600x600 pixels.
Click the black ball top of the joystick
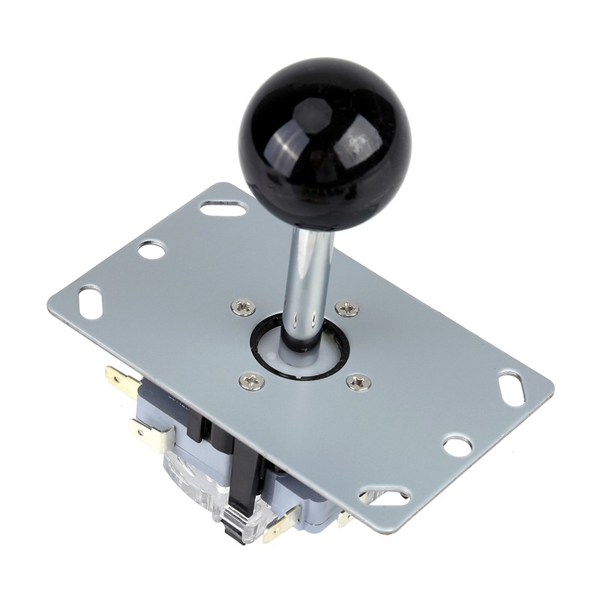click(325, 142)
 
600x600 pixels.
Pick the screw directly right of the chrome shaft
click(346, 308)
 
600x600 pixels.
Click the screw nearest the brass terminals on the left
click(251, 381)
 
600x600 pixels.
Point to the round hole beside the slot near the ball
click(151, 250)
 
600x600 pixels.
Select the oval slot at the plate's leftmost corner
click(90, 299)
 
